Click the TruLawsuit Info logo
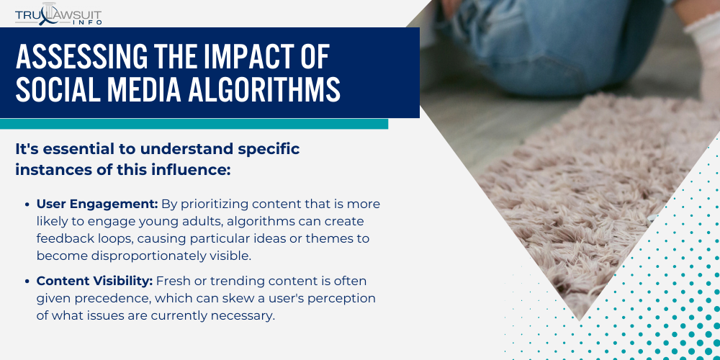(x=58, y=14)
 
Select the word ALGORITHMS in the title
(x=264, y=89)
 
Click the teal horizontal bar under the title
(x=194, y=124)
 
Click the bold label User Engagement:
(x=97, y=204)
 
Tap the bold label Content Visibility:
(x=94, y=281)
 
